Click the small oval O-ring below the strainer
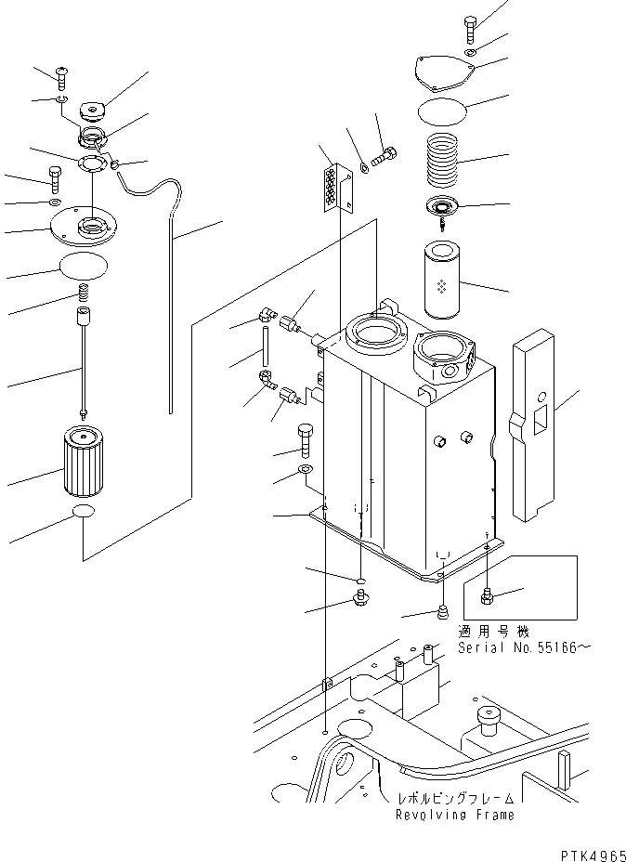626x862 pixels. point(84,515)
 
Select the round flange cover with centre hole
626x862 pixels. point(87,224)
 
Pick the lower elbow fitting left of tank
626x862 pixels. point(267,377)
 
